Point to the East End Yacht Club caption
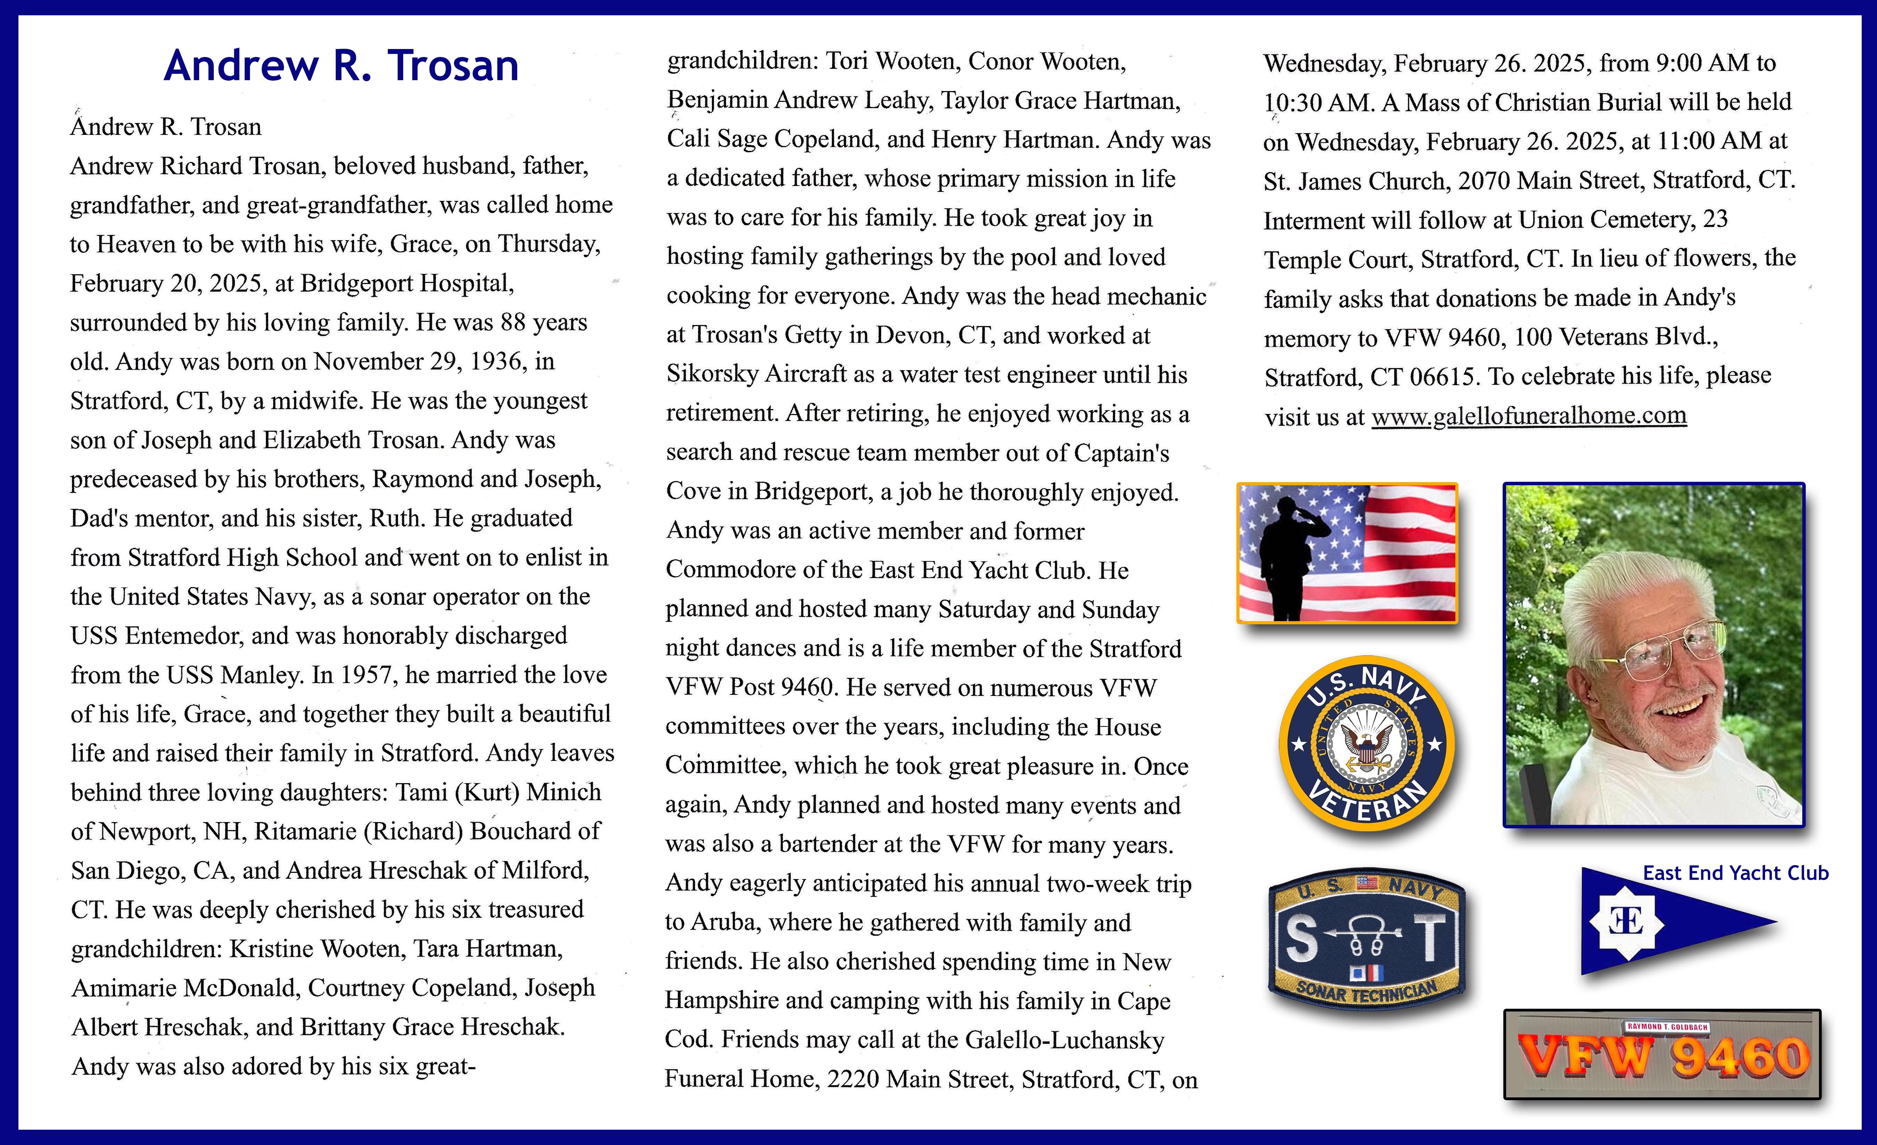click(1735, 873)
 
